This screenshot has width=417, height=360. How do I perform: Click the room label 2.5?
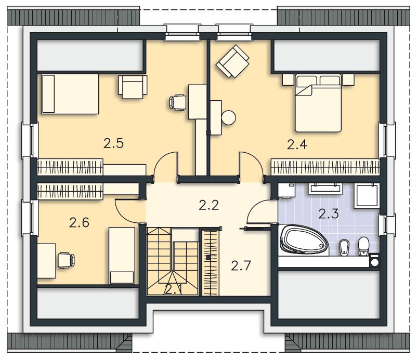tap(113, 143)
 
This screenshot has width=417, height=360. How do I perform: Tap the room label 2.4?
tap(297, 144)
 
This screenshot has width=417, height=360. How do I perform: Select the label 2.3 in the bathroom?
tap(329, 214)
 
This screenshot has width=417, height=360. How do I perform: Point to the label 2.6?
tap(79, 222)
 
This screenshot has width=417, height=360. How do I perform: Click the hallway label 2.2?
tap(209, 205)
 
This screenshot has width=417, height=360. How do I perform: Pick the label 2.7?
tap(241, 265)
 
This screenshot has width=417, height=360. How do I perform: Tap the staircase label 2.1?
tap(173, 289)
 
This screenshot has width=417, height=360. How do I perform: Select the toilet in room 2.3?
tap(363, 246)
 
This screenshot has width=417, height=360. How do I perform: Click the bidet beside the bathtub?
tap(344, 248)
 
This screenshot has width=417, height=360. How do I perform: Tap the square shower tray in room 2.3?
tap(367, 195)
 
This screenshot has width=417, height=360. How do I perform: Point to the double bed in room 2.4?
tap(318, 103)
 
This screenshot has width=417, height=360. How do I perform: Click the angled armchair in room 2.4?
tap(233, 61)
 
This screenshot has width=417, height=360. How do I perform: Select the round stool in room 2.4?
tap(228, 117)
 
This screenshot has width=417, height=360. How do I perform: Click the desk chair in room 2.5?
tap(178, 102)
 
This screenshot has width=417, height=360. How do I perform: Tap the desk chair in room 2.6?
tap(66, 260)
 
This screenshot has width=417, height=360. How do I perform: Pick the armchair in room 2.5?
tap(133, 87)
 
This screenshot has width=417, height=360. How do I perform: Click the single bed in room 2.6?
tap(122, 256)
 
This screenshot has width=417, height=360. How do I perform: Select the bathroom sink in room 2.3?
tap(325, 189)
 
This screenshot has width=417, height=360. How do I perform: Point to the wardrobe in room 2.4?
tap(325, 167)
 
